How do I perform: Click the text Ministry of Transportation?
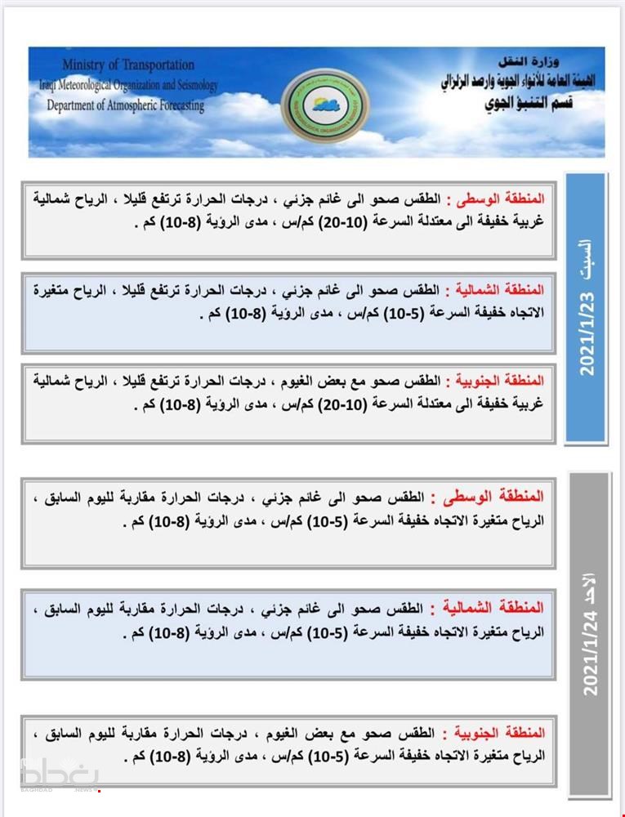[127, 65]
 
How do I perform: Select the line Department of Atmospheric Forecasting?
[125, 105]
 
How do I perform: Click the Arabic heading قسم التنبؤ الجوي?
[536, 104]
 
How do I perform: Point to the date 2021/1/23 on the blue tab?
[587, 335]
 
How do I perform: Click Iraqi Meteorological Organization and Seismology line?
[127, 85]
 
